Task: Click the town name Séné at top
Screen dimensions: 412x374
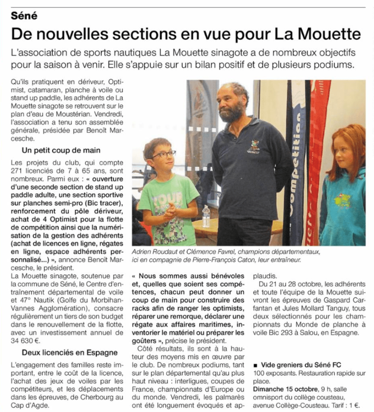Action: pyautogui.click(x=25, y=16)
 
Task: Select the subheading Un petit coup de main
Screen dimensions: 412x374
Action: pyautogui.click(x=61, y=150)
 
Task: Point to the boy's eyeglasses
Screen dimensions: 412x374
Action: pyautogui.click(x=163, y=154)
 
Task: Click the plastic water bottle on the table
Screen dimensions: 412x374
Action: pyautogui.click(x=206, y=216)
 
